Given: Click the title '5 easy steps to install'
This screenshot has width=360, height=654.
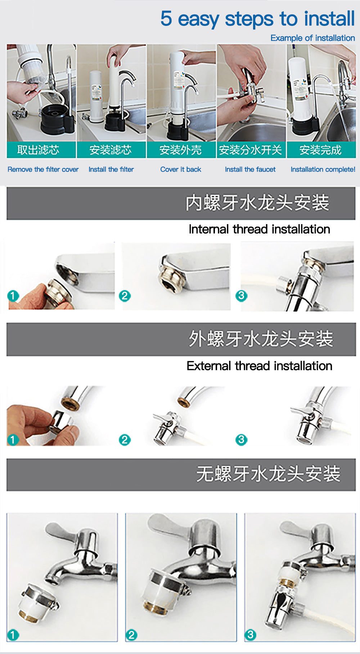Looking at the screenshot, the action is [x=257, y=19].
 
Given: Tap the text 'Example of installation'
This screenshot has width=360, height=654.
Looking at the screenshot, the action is [x=312, y=38].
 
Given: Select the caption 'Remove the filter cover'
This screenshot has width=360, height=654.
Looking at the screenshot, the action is [x=43, y=169].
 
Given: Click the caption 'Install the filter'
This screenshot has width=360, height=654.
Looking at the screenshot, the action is [x=111, y=169].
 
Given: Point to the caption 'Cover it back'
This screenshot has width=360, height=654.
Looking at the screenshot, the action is [x=181, y=169].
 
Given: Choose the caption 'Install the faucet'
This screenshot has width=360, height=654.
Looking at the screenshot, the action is [x=250, y=169].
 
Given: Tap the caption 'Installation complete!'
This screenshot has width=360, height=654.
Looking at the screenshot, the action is [x=323, y=169].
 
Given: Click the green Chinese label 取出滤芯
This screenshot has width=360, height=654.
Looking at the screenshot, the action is [x=38, y=150].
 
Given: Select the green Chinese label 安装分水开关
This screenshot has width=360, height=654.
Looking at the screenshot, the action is [x=250, y=150].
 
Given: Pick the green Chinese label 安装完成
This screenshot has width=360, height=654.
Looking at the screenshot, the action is [x=320, y=150].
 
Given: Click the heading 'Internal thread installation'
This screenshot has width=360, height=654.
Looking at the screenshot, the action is [x=259, y=229].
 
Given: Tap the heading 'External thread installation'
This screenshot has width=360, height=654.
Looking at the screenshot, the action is [x=259, y=366].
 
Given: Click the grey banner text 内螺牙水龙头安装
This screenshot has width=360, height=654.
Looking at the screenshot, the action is [x=257, y=203].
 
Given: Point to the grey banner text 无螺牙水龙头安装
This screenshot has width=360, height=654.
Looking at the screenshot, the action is [x=268, y=474].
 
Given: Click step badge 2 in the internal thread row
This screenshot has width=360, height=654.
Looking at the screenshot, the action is [x=125, y=296].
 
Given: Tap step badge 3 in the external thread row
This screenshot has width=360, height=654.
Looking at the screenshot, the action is [x=241, y=440].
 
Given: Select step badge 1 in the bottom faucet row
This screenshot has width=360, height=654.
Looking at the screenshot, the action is [x=13, y=635].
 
